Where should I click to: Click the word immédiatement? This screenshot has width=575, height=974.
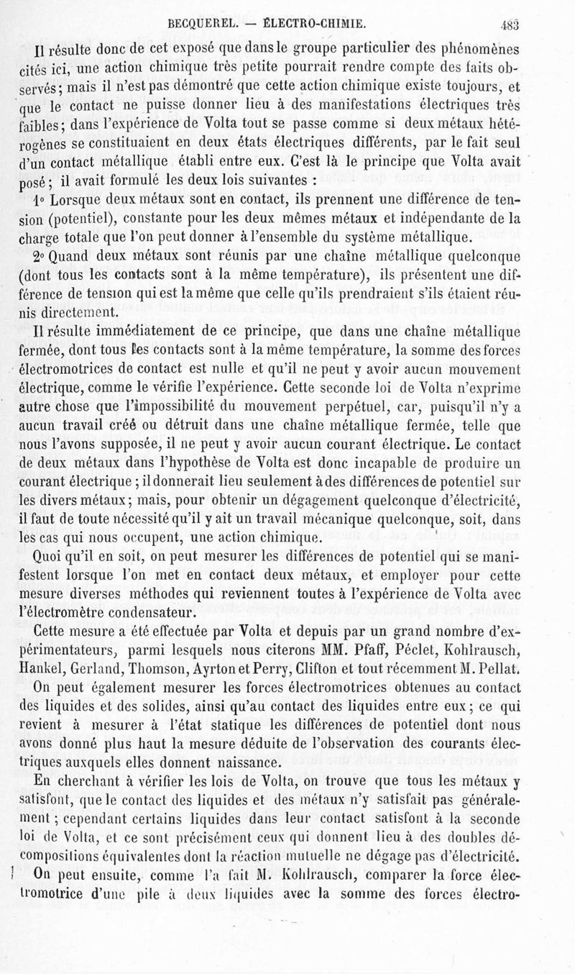137,333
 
